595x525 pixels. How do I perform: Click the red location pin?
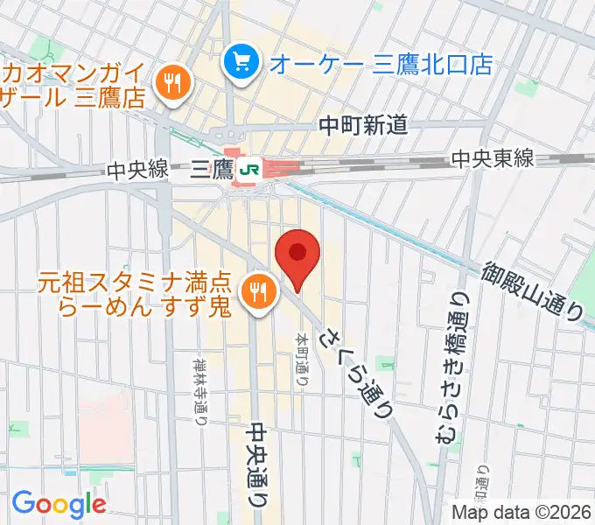click(x=297, y=255)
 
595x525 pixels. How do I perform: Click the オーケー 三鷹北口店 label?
click(x=381, y=63)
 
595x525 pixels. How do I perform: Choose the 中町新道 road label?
click(x=363, y=126)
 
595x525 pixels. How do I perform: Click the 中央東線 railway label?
click(x=493, y=158)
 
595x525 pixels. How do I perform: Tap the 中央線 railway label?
click(x=137, y=171)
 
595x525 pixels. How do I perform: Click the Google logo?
click(x=59, y=503)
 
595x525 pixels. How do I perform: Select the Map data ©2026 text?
click(x=521, y=512)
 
